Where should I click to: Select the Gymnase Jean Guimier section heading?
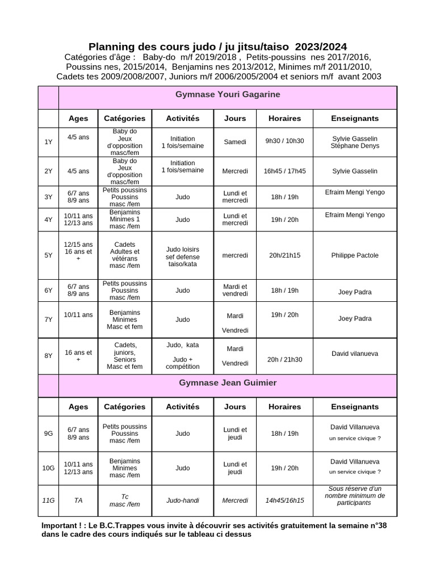(x=228, y=383)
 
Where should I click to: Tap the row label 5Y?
(x=48, y=255)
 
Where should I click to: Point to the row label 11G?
(x=48, y=500)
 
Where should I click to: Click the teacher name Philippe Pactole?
(x=355, y=255)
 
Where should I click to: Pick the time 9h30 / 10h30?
(x=284, y=142)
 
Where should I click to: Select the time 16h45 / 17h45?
(x=284, y=171)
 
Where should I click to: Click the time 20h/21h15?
(x=284, y=255)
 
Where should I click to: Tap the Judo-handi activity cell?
(x=182, y=500)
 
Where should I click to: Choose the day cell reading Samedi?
(x=235, y=142)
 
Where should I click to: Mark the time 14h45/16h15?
(x=284, y=500)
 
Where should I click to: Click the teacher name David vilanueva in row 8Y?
(x=355, y=353)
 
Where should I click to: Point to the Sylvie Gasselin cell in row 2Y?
(x=355, y=171)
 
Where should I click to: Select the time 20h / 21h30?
(x=284, y=359)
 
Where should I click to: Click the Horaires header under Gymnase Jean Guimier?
(x=284, y=407)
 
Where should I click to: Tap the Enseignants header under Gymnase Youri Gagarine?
(x=355, y=119)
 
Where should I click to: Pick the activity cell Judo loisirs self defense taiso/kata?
(x=182, y=256)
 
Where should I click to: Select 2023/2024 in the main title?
(x=321, y=47)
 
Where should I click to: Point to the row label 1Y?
(x=48, y=142)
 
